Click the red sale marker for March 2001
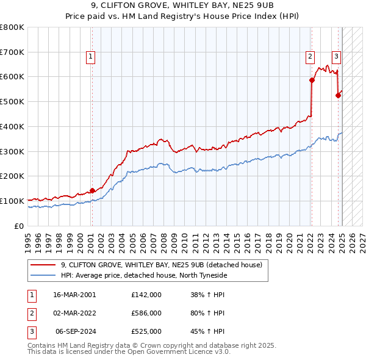pyautogui.click(x=92, y=190)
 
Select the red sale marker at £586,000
pyautogui.click(x=312, y=80)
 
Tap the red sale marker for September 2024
pyautogui.click(x=338, y=95)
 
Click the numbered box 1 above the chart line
pyautogui.click(x=90, y=57)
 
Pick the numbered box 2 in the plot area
pyautogui.click(x=310, y=57)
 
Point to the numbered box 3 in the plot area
pyautogui.click(x=336, y=57)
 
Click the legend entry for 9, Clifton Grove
pyautogui.click(x=161, y=265)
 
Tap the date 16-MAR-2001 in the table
pyautogui.click(x=74, y=294)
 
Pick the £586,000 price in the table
pyautogui.click(x=146, y=313)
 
